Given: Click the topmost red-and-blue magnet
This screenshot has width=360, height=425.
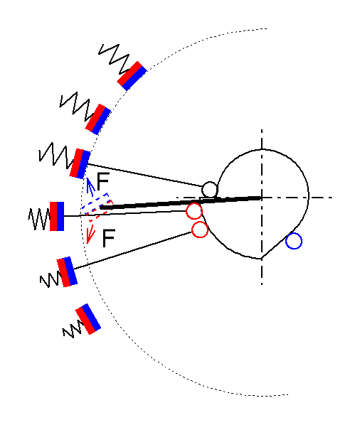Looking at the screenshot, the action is pyautogui.click(x=132, y=75).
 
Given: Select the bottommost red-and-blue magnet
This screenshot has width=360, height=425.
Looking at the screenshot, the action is pyautogui.click(x=88, y=319).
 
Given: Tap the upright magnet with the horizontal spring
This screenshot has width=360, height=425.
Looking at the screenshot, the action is pyautogui.click(x=57, y=216).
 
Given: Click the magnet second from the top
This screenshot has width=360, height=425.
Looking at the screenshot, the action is pyautogui.click(x=98, y=119).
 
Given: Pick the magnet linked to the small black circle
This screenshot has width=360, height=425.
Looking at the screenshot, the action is pyautogui.click(x=80, y=163).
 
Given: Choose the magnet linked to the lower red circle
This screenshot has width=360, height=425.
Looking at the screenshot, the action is pyautogui.click(x=67, y=271).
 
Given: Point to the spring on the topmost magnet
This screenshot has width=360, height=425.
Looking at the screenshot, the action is pyautogui.click(x=114, y=59).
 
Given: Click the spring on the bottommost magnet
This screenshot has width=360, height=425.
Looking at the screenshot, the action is pyautogui.click(x=72, y=329).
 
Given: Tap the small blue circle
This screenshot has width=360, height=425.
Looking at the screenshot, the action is pyautogui.click(x=294, y=241).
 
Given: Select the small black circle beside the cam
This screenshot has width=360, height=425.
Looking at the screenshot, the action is pyautogui.click(x=210, y=190).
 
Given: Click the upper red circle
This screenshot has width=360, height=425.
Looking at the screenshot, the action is pyautogui.click(x=194, y=211).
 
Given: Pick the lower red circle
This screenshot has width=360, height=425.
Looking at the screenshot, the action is pyautogui.click(x=200, y=230).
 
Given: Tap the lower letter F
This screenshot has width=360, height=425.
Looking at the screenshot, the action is pyautogui.click(x=109, y=238).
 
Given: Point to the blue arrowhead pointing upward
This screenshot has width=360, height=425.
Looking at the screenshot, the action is pyautogui.click(x=88, y=182).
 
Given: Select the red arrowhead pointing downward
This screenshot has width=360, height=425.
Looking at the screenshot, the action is pyautogui.click(x=90, y=237).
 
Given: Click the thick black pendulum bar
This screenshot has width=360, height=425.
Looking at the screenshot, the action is pyautogui.click(x=181, y=203).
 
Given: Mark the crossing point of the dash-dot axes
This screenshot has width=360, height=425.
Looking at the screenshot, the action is pyautogui.click(x=262, y=198).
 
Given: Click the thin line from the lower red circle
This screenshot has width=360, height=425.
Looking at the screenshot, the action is pyautogui.click(x=133, y=250).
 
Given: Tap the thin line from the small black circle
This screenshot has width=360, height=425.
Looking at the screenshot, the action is pyautogui.click(x=144, y=175).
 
